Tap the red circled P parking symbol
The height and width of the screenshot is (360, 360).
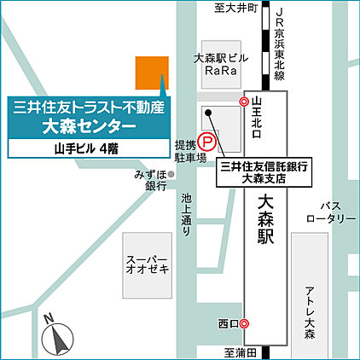[x=207, y=144]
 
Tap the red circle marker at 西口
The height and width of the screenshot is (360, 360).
[x=245, y=323]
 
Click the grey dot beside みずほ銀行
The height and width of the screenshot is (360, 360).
[x=171, y=174]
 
